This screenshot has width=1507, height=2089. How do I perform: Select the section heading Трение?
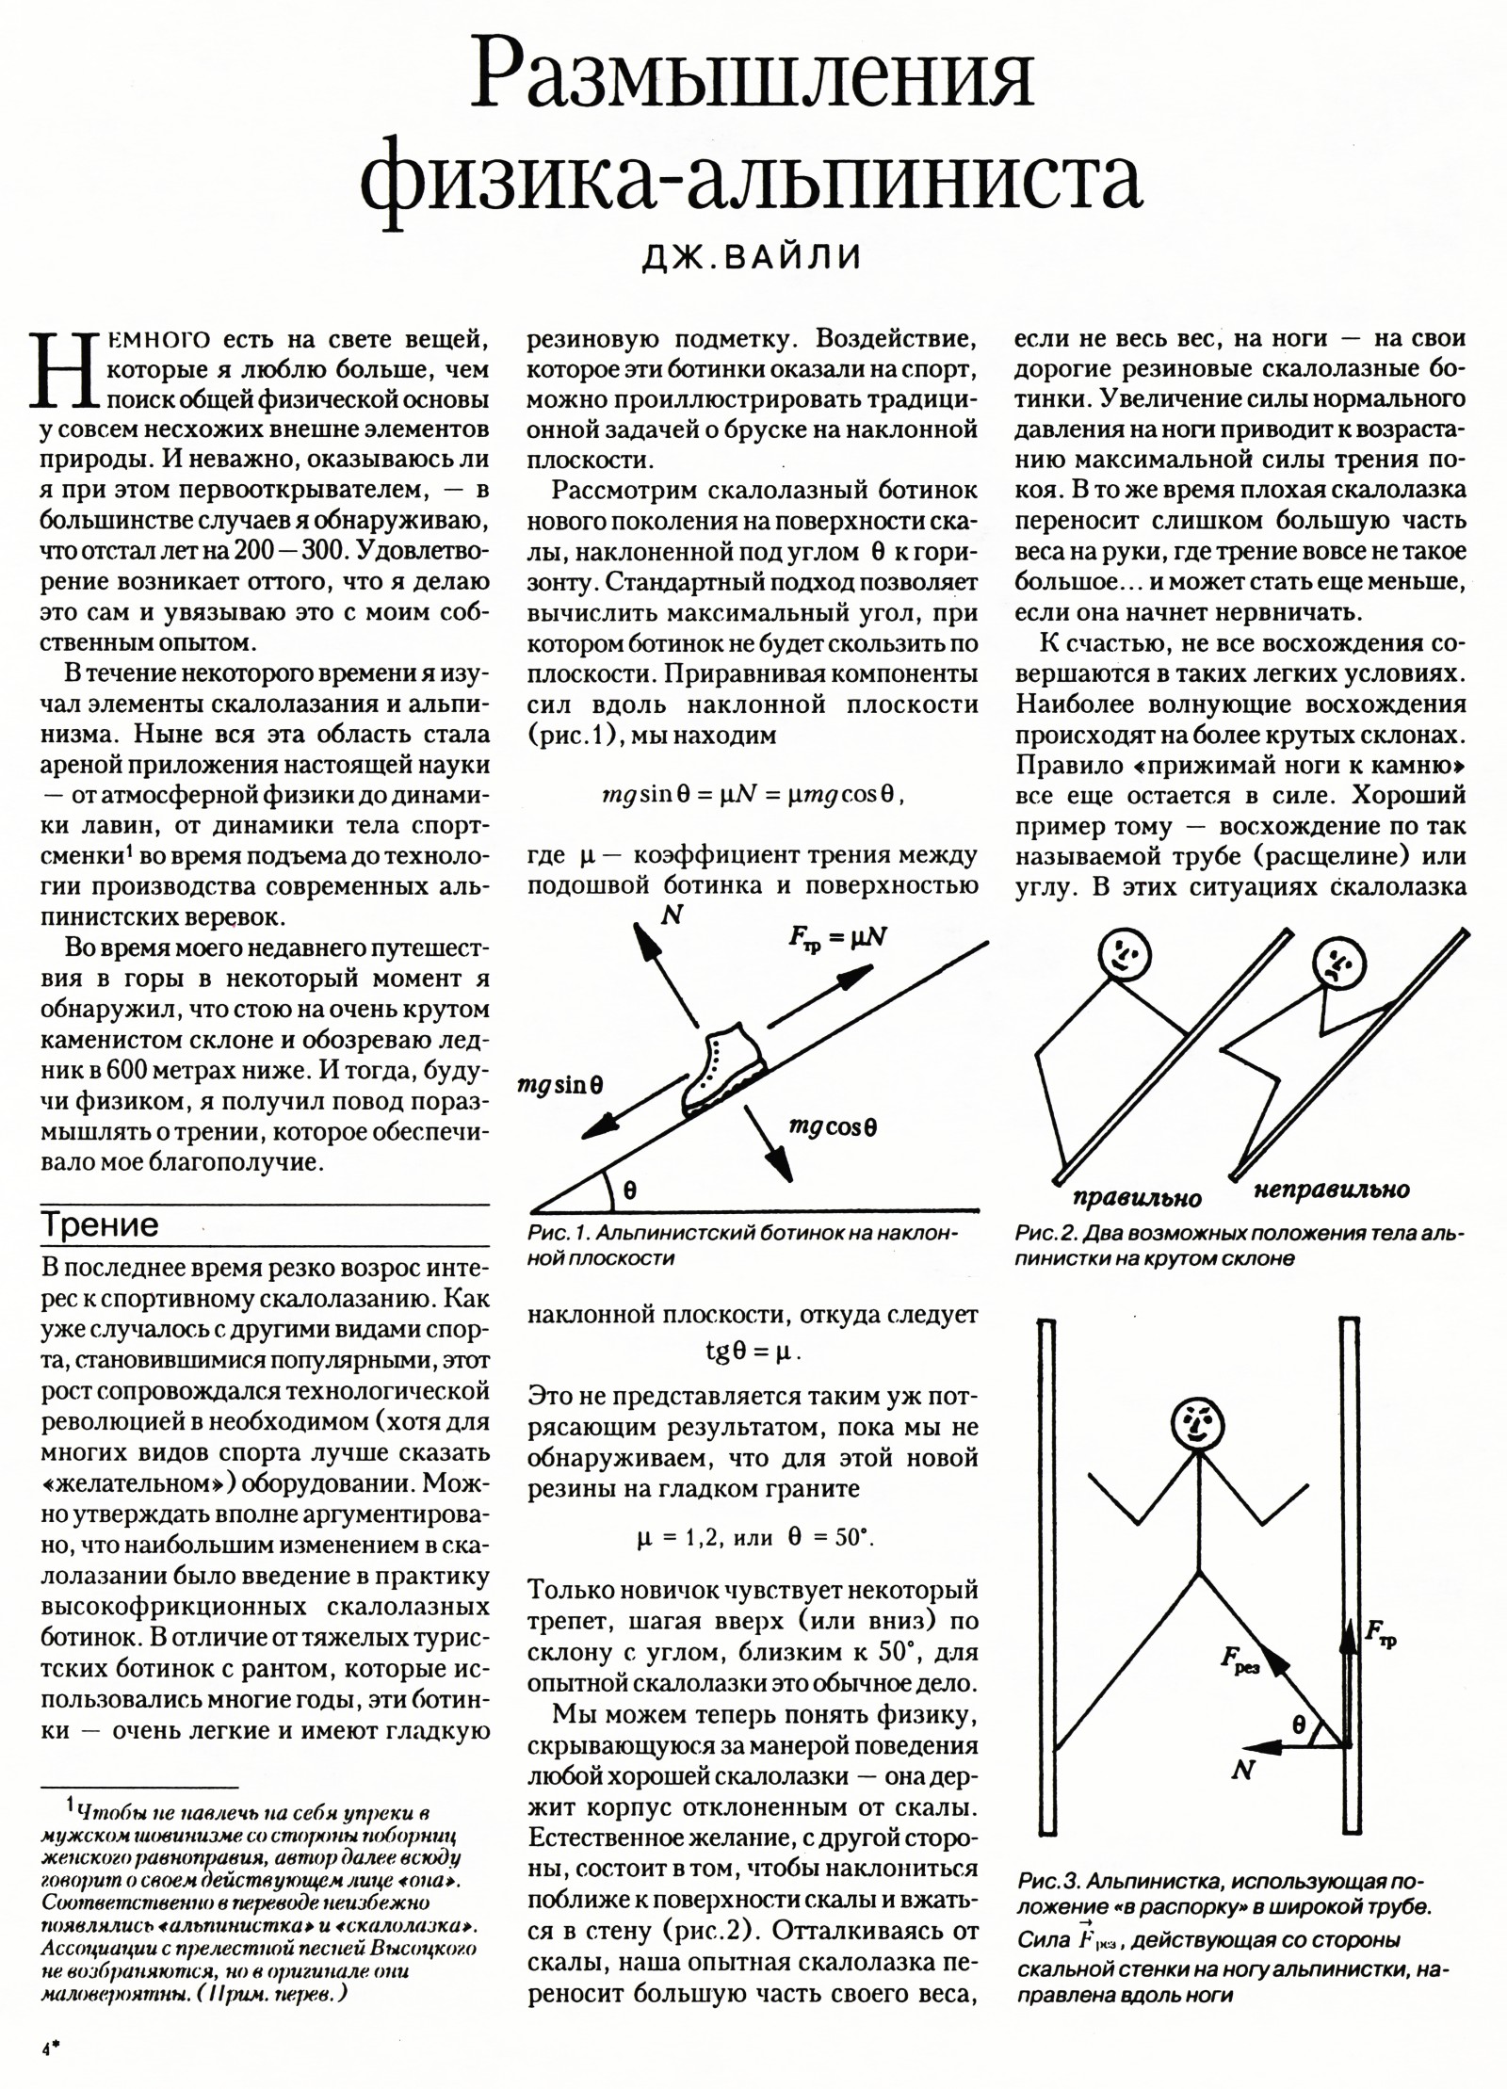101,1224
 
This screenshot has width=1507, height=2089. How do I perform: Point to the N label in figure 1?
672,913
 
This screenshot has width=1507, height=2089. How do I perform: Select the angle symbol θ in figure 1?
629,1190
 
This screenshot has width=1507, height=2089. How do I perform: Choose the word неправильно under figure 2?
1332,1190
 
